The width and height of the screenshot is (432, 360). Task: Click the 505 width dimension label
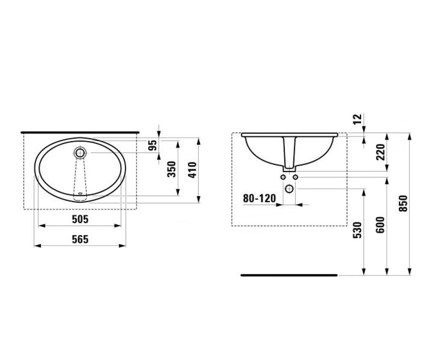point(80,219)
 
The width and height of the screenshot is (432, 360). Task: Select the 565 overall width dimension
point(80,239)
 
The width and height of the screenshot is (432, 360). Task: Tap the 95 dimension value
point(153,145)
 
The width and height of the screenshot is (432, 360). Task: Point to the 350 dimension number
point(171,170)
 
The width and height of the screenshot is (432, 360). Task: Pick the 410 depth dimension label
point(192,170)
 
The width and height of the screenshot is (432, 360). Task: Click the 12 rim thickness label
point(358,119)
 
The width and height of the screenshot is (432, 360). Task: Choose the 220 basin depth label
point(381,152)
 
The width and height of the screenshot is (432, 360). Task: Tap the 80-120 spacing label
point(260,198)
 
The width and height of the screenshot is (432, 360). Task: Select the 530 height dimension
point(357,230)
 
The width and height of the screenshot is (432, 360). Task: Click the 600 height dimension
point(381,225)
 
